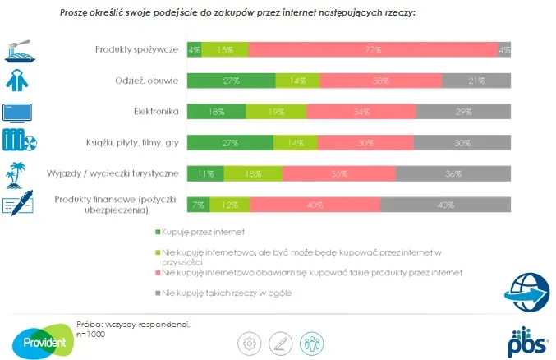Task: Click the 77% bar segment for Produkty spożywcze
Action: click(x=373, y=49)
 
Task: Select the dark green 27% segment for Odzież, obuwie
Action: click(x=231, y=81)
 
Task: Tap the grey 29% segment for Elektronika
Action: click(x=463, y=112)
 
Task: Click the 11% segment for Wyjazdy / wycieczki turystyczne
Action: click(x=205, y=174)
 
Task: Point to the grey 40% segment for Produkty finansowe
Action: click(x=445, y=205)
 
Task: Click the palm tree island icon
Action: click(x=19, y=173)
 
